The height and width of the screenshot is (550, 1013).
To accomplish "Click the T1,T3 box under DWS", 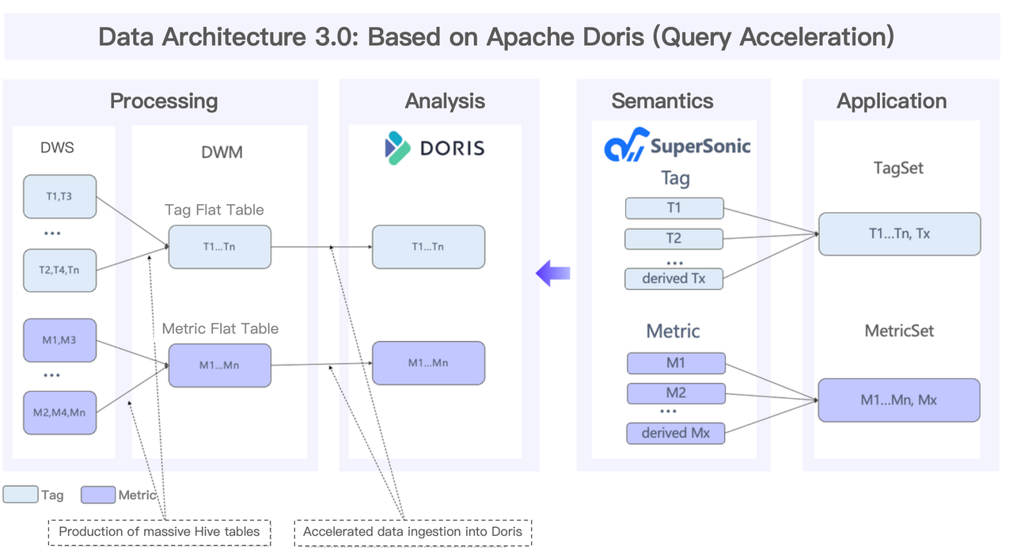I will click(x=60, y=196).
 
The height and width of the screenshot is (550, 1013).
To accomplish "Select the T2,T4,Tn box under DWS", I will click(x=60, y=270).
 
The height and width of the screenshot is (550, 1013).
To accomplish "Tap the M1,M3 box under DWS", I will click(x=60, y=340).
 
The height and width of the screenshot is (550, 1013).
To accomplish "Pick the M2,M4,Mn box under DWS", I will click(x=60, y=412).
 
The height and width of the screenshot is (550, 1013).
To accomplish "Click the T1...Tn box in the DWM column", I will click(x=219, y=246).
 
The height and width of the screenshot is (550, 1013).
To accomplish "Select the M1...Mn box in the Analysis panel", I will click(x=428, y=362).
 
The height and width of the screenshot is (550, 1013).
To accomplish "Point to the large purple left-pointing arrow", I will click(x=553, y=274).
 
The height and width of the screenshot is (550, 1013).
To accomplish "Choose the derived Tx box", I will click(x=674, y=279).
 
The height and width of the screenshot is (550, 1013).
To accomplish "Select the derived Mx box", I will click(x=676, y=433).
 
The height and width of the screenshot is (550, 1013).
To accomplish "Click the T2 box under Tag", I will click(x=674, y=238).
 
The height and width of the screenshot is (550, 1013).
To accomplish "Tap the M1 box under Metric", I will click(x=676, y=363).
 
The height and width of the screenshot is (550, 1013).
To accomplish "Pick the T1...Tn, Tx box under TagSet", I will click(x=899, y=234).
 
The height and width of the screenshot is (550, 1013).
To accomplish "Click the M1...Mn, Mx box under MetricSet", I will click(x=899, y=400).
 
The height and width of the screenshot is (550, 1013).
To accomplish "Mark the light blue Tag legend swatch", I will click(x=21, y=495).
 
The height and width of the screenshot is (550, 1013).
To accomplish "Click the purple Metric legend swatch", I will click(x=98, y=495).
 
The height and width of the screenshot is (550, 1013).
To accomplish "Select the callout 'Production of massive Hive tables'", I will click(x=159, y=532).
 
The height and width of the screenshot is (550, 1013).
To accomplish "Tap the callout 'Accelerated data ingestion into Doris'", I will click(x=412, y=532).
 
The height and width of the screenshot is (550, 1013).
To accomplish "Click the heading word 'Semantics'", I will click(x=662, y=101).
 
